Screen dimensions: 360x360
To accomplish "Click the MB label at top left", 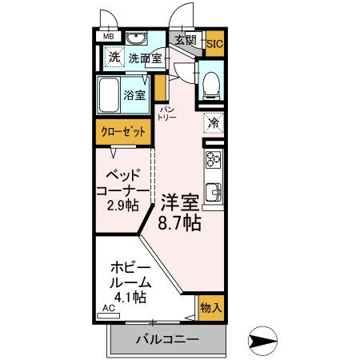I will click(x=108, y=37).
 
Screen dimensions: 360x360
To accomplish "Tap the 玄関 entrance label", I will click(x=186, y=39).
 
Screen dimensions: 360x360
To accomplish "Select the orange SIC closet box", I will click(x=214, y=44).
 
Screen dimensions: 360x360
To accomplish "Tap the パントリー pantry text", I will click(x=167, y=112).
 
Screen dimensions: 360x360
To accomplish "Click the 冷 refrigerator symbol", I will click(x=214, y=122).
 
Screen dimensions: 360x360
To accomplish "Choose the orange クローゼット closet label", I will click(x=122, y=132).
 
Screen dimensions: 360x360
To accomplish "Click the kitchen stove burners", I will click(x=214, y=162).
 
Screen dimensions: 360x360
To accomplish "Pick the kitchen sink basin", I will click(x=214, y=192).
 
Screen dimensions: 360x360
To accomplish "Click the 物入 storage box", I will click(x=210, y=308).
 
